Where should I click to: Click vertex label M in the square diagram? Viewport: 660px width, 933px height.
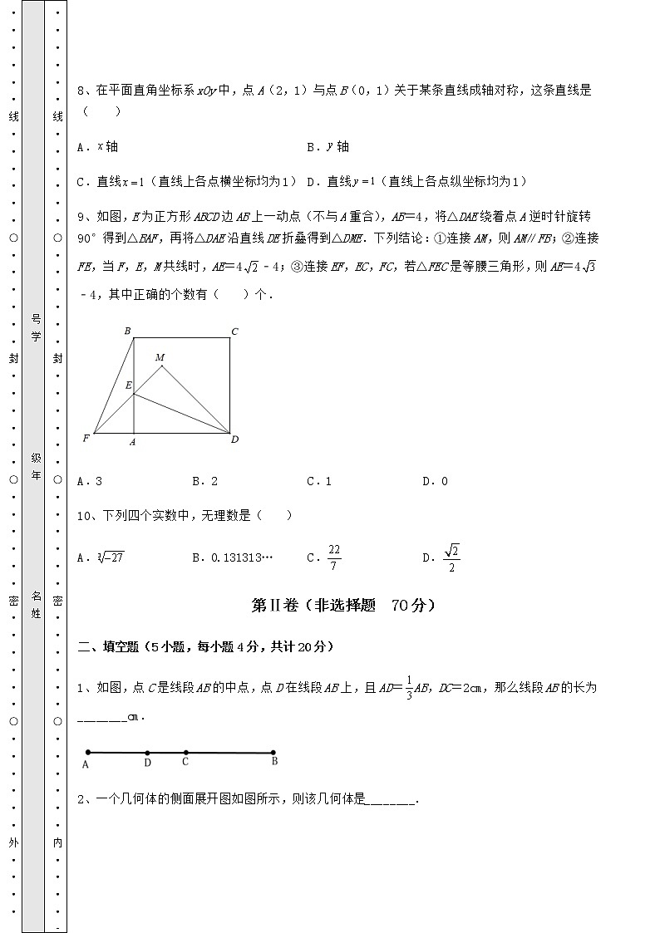(160, 357)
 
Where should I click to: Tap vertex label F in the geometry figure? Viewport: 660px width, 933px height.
(86, 438)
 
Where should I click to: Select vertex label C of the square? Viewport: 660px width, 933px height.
(235, 331)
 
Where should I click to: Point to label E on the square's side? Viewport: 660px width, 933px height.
(128, 385)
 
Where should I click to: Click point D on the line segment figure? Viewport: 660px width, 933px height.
(147, 753)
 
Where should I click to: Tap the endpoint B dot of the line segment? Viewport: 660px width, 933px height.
(274, 753)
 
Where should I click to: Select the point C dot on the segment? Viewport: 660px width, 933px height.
(185, 753)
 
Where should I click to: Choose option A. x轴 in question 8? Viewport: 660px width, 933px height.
(97, 147)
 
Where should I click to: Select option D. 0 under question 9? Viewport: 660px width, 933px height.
(435, 480)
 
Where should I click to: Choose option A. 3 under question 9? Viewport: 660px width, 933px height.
(89, 480)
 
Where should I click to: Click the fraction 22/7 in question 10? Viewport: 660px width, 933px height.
(334, 557)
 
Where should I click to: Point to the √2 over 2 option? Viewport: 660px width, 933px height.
(451, 557)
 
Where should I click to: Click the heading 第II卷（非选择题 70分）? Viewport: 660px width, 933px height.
(343, 606)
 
